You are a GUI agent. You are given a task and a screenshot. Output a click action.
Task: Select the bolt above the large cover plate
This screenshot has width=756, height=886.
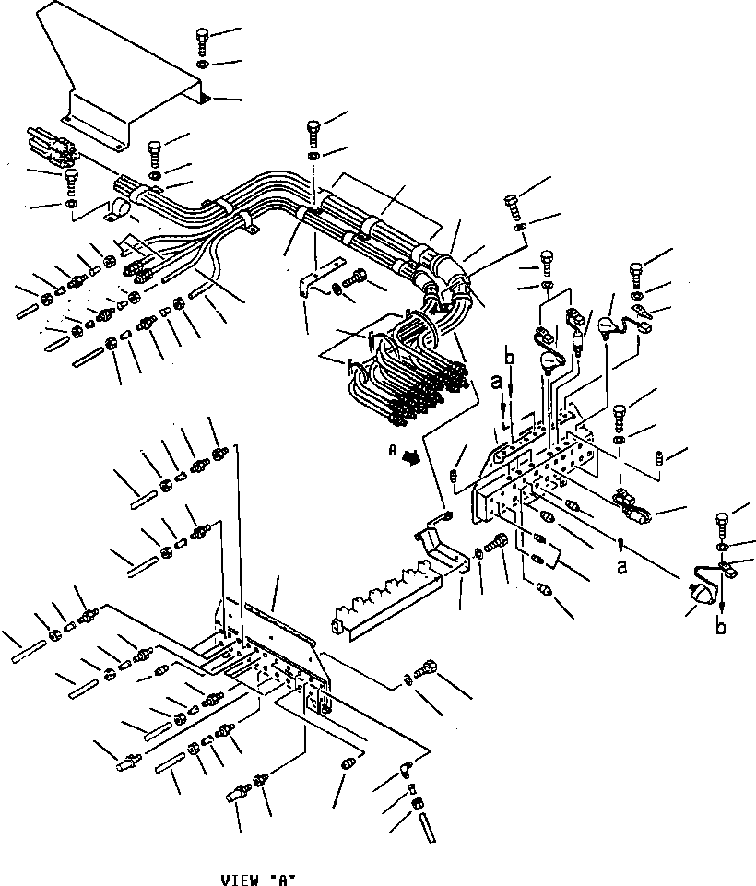pyautogui.click(x=203, y=39)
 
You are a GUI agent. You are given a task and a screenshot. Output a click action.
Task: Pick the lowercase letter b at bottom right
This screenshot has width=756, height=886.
pyautogui.click(x=720, y=627)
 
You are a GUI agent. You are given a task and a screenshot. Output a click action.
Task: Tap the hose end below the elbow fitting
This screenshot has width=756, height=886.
pyautogui.click(x=428, y=823)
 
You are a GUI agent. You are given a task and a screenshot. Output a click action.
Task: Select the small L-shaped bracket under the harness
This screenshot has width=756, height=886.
pyautogui.click(x=314, y=284)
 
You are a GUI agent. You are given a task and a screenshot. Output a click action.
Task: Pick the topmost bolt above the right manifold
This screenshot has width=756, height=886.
pyautogui.click(x=512, y=202)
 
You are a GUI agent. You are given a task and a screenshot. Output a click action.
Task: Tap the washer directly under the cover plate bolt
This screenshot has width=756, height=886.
pyautogui.click(x=203, y=64)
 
